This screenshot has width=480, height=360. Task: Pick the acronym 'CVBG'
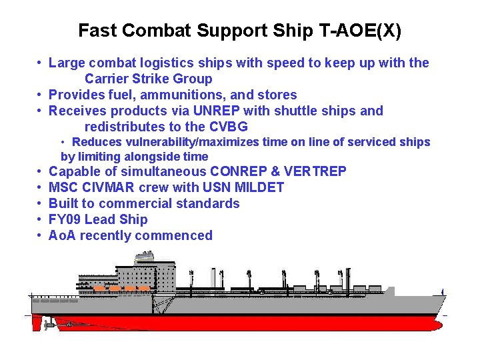[x=229, y=127]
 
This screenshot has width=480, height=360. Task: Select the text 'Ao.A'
[x=63, y=235]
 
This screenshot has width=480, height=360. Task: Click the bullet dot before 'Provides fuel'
[x=41, y=95]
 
